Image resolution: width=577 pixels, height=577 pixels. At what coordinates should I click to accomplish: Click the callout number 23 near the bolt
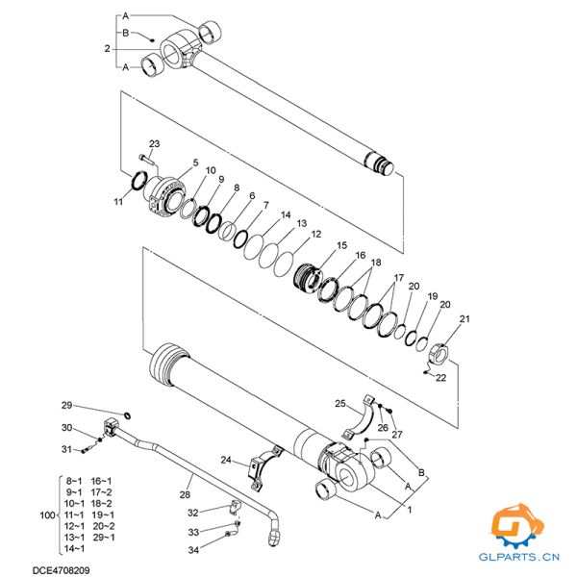pos(155,144)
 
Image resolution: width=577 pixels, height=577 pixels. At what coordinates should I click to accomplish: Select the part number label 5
pos(195,163)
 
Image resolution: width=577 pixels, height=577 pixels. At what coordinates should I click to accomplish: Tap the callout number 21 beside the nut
pos(465,319)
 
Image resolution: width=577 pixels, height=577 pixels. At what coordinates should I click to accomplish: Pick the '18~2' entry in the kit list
pos(101,503)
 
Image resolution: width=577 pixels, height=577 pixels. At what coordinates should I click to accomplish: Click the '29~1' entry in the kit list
pos(101,538)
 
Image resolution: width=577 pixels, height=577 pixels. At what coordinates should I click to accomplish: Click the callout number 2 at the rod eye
pos(107,47)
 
